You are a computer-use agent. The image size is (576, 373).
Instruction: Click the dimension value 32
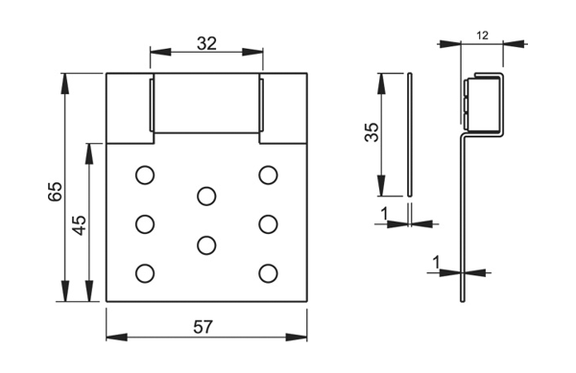tap(206, 44)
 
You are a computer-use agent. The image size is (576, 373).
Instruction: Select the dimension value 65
tap(56, 191)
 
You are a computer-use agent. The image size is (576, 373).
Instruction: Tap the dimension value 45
tap(80, 224)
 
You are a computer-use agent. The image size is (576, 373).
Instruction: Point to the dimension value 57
tap(204, 327)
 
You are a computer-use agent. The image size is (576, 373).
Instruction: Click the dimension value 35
tap(372, 132)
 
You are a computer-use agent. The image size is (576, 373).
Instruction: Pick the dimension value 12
tap(482, 35)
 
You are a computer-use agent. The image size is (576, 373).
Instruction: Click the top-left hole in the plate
tap(145, 175)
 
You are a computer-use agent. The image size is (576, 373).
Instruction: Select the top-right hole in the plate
tap(268, 175)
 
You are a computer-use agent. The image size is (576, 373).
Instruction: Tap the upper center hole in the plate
tap(206, 197)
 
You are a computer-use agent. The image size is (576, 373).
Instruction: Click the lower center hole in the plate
tap(206, 245)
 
